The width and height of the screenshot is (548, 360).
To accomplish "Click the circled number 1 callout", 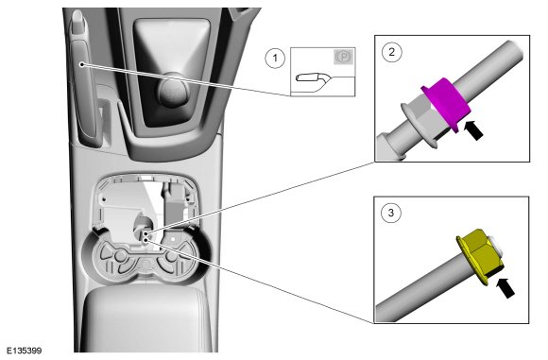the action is [x=275, y=58].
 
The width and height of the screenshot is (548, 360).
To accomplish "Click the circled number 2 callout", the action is [x=392, y=52].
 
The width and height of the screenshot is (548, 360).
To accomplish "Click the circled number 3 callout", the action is [x=391, y=213].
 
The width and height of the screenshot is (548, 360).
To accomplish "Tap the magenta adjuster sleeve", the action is [x=446, y=103].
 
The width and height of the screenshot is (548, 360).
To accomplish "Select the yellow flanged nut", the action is [x=480, y=255].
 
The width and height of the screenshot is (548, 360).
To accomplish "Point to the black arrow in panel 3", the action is [x=505, y=287].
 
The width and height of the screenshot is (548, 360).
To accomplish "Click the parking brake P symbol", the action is [x=344, y=57].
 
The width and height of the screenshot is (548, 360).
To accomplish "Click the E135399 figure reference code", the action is [x=25, y=351].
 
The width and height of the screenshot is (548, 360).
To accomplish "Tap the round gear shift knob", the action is [x=173, y=90].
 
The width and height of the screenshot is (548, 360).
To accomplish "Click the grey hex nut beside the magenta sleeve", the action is [x=423, y=114].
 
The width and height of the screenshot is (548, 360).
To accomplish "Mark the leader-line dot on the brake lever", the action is [x=82, y=64].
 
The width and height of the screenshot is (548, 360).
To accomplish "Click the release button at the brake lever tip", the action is [x=77, y=17].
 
